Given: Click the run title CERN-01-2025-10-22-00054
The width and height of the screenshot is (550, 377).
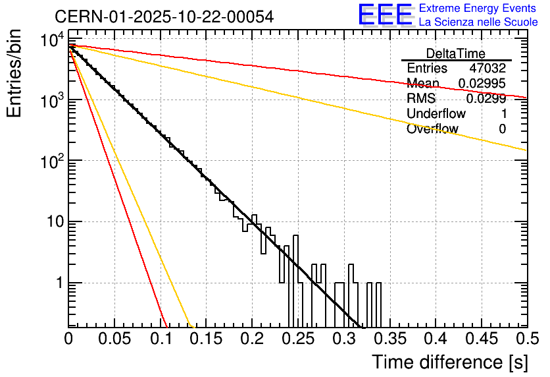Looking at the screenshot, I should [164, 16].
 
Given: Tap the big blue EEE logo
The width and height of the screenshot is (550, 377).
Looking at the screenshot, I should [385, 14].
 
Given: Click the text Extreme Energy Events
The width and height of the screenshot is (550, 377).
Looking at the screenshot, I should [478, 9].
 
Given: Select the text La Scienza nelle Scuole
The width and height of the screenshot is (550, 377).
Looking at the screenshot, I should [478, 22].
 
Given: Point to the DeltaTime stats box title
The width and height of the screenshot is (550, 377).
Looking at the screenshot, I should [455, 53].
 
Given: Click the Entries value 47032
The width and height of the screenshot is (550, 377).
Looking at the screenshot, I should [488, 69].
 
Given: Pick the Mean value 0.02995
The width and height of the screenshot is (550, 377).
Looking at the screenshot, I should [482, 84].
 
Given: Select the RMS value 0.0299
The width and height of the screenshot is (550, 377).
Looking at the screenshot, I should [486, 99].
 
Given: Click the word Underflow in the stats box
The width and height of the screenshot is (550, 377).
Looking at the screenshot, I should [436, 114].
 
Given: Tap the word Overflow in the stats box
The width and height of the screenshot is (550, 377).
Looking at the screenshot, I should [432, 129].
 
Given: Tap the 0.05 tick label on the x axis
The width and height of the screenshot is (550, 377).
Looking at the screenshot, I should [114, 339].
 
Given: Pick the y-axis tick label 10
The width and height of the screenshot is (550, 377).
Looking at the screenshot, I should [53, 221].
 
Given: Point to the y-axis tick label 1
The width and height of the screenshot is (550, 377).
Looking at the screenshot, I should [58, 283].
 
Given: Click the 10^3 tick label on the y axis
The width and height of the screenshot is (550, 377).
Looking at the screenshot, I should [51, 100].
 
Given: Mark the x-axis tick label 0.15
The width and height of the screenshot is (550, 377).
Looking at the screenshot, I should [206, 339].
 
